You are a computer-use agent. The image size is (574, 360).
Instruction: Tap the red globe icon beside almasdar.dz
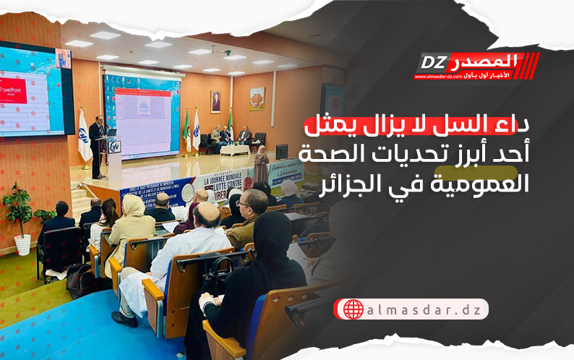(x=354, y=309)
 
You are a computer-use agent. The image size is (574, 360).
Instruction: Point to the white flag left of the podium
(x=85, y=137)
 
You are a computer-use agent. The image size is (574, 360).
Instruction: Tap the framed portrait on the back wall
(x=215, y=102)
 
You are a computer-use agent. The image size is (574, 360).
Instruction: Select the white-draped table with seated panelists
(x=234, y=150)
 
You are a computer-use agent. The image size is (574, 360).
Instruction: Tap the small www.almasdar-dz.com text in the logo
(x=439, y=76)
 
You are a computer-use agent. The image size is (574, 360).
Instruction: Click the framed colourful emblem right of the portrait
(x=257, y=99)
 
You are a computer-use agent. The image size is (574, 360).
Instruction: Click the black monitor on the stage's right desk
(x=281, y=151)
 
